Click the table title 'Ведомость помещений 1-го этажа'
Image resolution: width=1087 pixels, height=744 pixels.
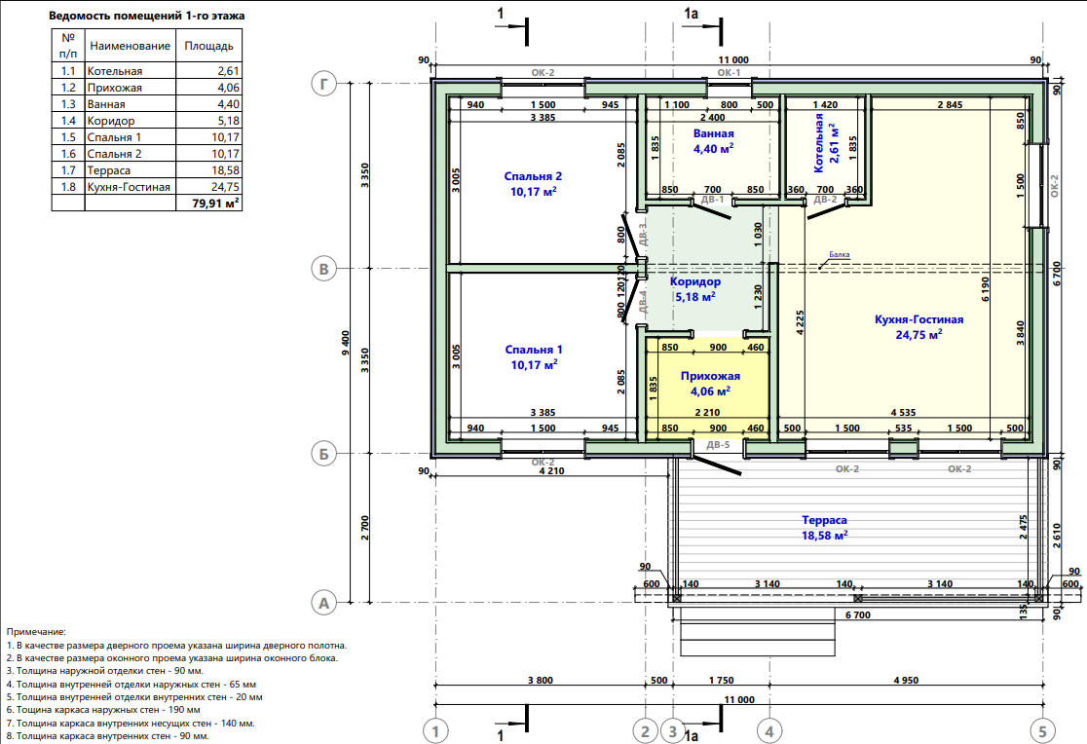[x=146, y=16]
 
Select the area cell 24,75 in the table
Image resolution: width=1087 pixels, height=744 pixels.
[x=208, y=187]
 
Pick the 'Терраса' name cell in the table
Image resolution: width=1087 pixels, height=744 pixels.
[x=131, y=169]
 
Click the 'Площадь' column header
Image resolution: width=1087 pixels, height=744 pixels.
[x=208, y=46]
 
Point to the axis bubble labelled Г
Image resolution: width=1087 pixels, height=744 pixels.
[x=323, y=84]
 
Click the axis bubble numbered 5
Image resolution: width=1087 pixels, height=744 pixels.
[x=1042, y=730]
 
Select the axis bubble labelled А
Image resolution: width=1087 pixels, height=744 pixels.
[x=323, y=603]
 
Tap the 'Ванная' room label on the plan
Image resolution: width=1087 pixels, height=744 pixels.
[x=713, y=133]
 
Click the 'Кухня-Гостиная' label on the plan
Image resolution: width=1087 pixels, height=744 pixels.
[x=919, y=319]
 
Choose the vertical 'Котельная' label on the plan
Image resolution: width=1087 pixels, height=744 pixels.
[x=819, y=143]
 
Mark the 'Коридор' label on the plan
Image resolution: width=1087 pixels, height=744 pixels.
[x=695, y=281]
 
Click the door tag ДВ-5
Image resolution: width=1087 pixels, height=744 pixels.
[x=718, y=445]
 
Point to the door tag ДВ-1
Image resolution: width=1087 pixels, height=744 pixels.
[x=713, y=200]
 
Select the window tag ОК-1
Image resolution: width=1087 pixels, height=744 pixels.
[x=729, y=72]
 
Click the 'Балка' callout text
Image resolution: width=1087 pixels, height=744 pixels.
[x=840, y=254]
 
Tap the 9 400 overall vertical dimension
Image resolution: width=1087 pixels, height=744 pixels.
[x=346, y=343]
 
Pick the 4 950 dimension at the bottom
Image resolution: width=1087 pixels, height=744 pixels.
[x=906, y=680]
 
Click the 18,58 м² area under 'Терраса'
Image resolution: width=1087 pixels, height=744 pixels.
[x=825, y=536]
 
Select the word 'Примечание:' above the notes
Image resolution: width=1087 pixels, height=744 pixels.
[x=36, y=632]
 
